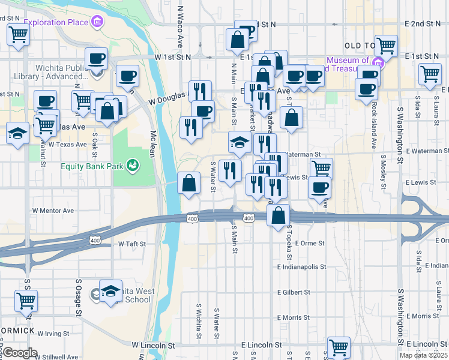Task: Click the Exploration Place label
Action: point(56,23)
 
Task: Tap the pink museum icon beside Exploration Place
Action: point(97,23)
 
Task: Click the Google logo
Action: point(20,353)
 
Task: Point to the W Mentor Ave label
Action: point(53,211)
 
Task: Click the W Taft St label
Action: point(128,244)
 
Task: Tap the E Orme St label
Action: point(309,243)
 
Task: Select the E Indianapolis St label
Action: point(301,267)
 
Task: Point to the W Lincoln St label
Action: point(153,346)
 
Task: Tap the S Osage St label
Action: point(79,297)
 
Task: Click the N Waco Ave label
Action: point(180,28)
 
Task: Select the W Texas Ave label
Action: point(68,145)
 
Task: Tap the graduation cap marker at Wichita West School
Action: point(110,292)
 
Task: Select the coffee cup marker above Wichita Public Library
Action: point(96,59)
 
